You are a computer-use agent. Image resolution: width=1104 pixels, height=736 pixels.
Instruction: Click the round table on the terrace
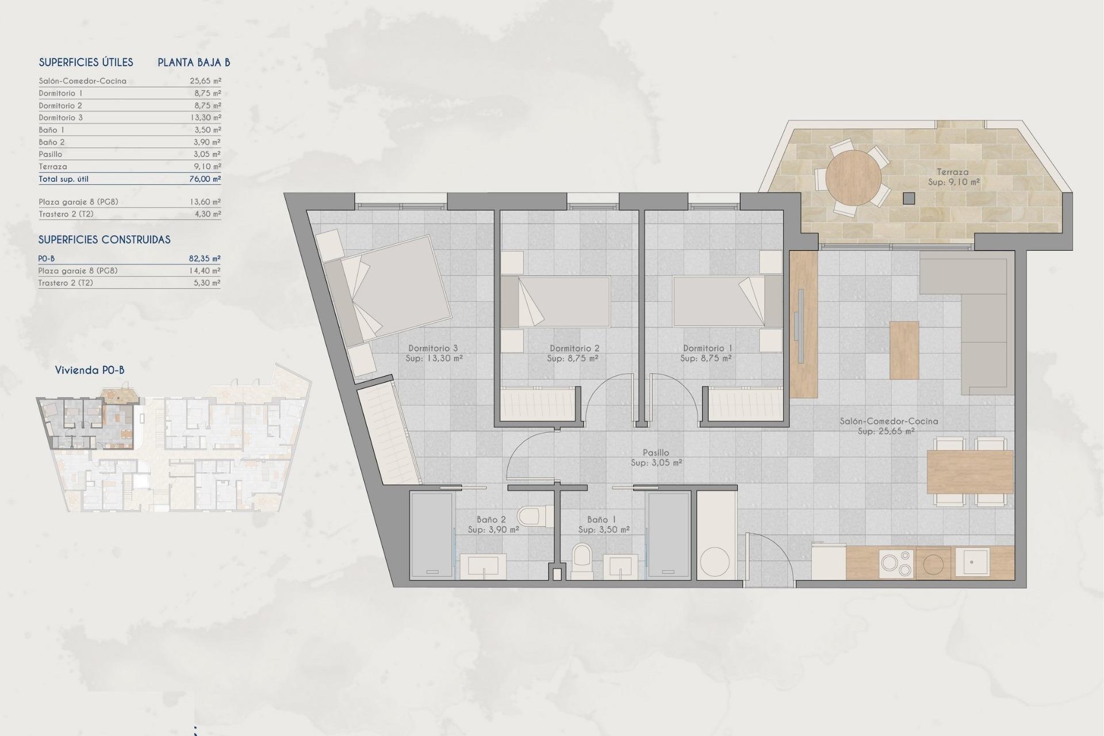point(853,178)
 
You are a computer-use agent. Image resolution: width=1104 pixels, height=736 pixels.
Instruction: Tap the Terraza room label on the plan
point(952,172)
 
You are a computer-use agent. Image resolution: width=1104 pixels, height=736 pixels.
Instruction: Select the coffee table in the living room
point(904,350)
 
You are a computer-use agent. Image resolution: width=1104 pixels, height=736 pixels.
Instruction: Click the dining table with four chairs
point(969,472)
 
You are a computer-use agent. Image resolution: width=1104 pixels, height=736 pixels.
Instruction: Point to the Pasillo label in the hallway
point(655,453)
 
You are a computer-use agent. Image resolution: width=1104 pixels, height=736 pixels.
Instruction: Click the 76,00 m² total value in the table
point(205,179)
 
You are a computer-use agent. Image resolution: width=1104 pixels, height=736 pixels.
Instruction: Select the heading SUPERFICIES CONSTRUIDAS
point(104,240)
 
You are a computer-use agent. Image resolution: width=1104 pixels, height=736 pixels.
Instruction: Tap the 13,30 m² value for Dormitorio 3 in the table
point(205,117)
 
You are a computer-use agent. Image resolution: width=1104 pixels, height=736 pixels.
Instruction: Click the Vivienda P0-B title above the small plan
point(89,370)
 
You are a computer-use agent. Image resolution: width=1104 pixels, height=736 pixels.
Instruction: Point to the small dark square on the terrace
point(908,198)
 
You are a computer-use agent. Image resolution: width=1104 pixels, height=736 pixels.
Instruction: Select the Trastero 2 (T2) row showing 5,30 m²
point(129,283)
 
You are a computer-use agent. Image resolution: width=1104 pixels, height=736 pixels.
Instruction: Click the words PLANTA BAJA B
point(194,63)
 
